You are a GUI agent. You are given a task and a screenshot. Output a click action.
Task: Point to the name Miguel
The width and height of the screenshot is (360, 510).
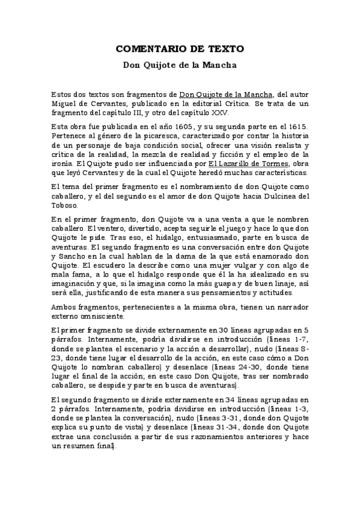pyautogui.click(x=64, y=103)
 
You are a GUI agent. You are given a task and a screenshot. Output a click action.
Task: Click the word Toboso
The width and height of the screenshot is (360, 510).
pyautogui.click(x=64, y=204)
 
